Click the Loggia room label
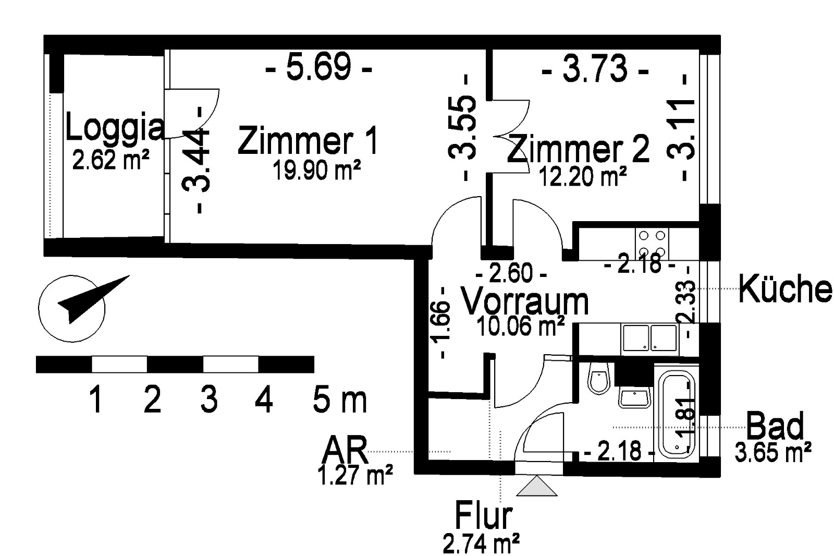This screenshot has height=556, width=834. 114,128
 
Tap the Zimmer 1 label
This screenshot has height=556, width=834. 308,140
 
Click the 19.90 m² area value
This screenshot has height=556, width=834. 316,170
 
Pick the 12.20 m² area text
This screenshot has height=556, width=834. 583,176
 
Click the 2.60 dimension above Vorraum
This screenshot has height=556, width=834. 511,273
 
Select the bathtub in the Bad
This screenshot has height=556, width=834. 676,414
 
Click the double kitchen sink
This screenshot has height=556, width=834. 650,338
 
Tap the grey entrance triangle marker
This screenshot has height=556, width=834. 536,486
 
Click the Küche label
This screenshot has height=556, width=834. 785,289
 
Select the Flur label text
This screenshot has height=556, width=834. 483,516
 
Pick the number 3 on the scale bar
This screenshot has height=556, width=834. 209,399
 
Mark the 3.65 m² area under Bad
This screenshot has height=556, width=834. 773,452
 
